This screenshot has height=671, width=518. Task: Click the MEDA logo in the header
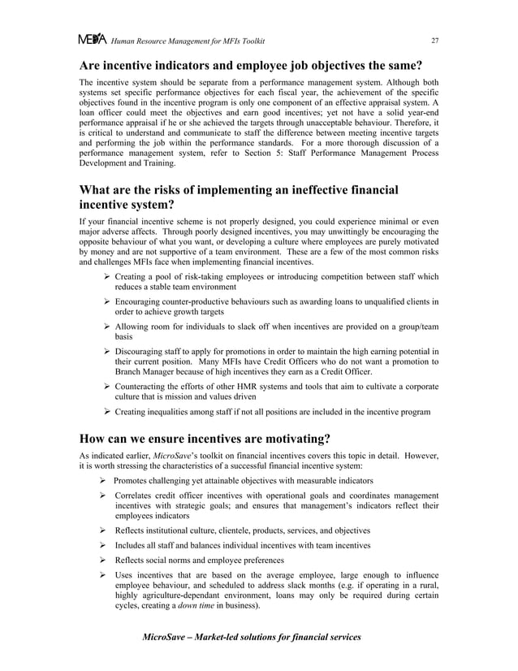point(93,40)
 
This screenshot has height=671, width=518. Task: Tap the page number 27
point(434,41)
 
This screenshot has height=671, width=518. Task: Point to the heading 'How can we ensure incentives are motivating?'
point(204,439)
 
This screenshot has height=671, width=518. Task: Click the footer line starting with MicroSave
point(252,637)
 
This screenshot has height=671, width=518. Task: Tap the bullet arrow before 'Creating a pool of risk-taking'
point(107,277)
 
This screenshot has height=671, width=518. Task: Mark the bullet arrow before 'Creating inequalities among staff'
point(107,413)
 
